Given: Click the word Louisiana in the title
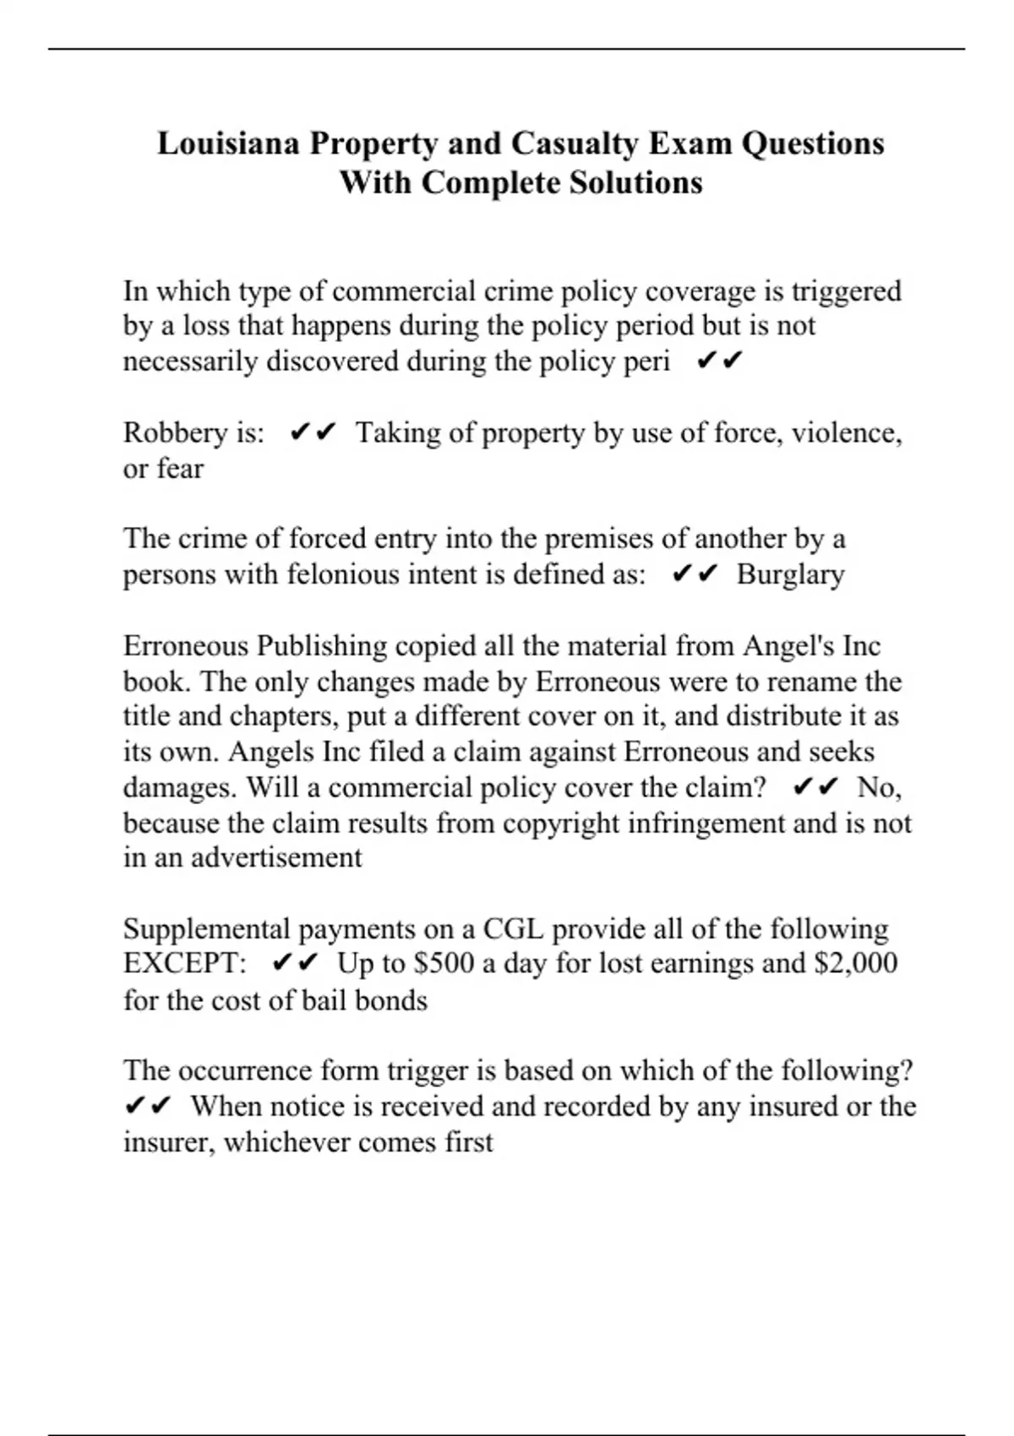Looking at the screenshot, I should (x=228, y=144).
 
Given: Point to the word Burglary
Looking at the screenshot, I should (x=790, y=574).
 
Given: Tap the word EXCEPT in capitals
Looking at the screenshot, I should (x=184, y=964).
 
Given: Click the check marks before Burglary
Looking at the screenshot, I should (x=695, y=574).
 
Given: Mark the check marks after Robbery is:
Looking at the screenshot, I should (x=312, y=432).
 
